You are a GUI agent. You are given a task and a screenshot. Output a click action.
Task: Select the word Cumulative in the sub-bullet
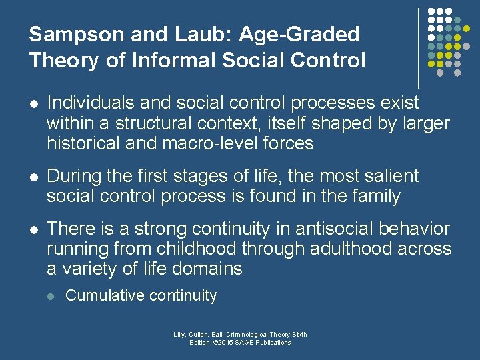coord(105,296)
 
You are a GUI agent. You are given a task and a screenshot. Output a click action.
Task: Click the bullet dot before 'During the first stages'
coord(33,177)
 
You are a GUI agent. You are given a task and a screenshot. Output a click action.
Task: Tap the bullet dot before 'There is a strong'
coord(33,229)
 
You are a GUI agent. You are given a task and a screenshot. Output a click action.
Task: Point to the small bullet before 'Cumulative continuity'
coord(51,296)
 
